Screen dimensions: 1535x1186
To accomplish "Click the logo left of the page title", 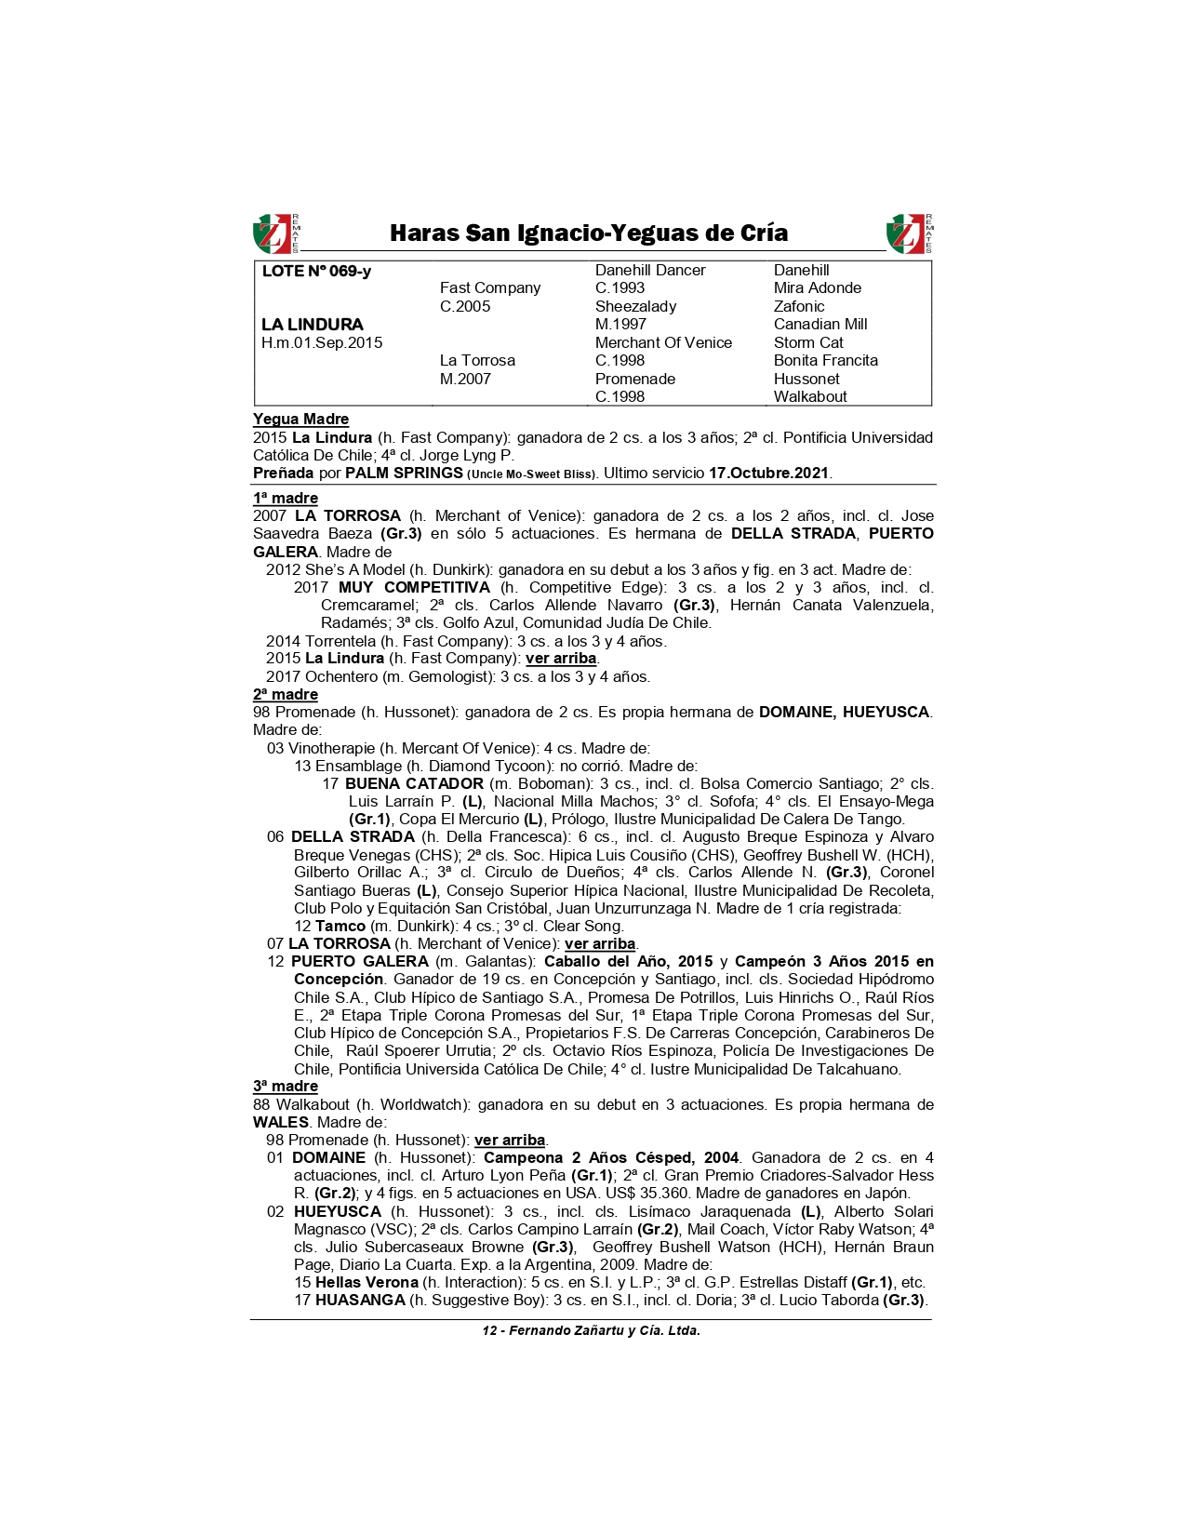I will coord(275,234).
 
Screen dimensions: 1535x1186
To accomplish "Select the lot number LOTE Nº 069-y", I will coord(316,272).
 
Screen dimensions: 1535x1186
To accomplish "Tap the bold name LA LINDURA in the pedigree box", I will coord(313,325).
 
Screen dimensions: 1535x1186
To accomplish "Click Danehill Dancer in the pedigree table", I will coord(650,271).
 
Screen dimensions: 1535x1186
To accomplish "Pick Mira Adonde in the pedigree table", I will coord(817,288).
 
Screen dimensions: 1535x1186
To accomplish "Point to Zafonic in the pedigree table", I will coord(798,306).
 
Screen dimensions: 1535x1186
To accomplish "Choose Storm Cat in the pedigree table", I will coord(807,342).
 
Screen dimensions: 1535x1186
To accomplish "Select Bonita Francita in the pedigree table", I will coord(825,361).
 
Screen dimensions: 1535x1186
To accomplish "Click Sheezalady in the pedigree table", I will coord(635,306).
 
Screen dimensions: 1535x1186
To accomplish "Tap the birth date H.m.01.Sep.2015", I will coord(322,342).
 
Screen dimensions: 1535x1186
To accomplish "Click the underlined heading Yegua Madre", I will coord(300,420).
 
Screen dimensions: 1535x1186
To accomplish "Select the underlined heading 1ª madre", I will coord(286,499).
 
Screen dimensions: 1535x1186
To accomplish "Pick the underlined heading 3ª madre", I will coord(286,1087).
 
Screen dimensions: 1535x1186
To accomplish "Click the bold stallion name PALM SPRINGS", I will coord(404,473).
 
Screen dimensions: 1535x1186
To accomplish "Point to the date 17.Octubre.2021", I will coord(768,473).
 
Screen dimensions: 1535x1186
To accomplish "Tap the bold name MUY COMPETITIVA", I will coord(414,588).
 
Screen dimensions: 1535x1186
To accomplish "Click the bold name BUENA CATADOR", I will coord(414,784).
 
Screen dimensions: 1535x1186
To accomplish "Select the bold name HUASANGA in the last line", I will coord(360,1301).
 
